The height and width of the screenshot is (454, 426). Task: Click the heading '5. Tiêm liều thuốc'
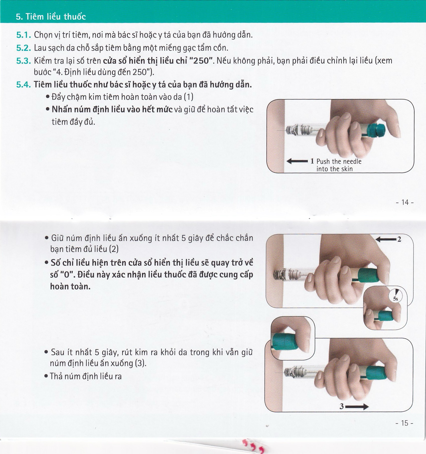click(x=51, y=17)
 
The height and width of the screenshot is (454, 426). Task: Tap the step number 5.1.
click(x=24, y=35)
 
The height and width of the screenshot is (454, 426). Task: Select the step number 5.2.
click(x=24, y=48)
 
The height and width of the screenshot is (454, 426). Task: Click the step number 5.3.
click(x=24, y=61)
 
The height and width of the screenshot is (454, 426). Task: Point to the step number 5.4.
click(x=24, y=85)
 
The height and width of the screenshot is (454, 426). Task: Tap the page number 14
click(x=405, y=202)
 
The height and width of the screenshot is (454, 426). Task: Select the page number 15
click(x=404, y=423)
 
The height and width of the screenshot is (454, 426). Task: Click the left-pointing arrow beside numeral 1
click(x=297, y=161)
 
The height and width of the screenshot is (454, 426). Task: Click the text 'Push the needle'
click(x=339, y=161)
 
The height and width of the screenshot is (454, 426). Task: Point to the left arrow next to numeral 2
click(x=386, y=239)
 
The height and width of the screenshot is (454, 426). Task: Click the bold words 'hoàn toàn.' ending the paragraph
click(x=70, y=286)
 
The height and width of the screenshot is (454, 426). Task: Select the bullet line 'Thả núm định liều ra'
click(x=85, y=376)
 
